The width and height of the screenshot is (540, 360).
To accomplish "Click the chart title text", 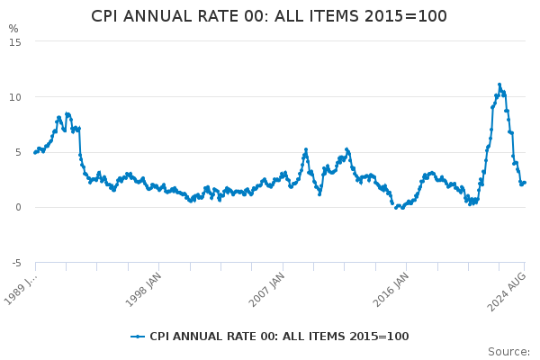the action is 269,16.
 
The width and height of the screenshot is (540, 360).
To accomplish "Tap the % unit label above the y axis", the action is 13,29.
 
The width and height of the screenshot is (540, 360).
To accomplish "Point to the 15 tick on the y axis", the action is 15,42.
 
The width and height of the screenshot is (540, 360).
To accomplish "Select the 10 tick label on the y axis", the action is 15,97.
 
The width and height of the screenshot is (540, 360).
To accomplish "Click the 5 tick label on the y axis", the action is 18,153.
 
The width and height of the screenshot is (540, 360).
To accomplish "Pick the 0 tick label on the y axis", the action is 18,207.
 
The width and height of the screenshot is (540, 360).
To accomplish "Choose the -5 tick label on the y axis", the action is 16,263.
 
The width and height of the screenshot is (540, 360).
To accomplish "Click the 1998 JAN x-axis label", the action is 143,290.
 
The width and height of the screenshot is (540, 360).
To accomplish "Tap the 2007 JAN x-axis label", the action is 267,290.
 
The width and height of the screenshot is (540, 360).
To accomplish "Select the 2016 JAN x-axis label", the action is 391,290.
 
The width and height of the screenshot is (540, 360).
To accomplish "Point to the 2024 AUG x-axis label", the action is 506,292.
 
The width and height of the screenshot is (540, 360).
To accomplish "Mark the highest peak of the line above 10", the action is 499,85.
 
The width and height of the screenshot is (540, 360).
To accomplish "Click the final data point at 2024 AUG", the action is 525,183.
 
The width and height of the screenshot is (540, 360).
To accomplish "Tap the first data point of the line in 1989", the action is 35,153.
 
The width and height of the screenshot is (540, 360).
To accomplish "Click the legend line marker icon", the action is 138,337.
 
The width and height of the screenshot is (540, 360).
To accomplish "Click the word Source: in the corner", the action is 509,352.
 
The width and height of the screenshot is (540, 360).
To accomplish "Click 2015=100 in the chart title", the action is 406,16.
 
